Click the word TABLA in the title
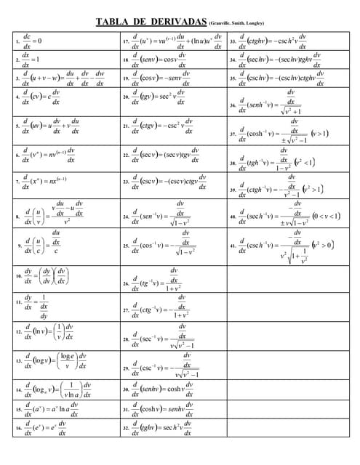click(113, 21)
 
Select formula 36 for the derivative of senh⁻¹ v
click(269, 106)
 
